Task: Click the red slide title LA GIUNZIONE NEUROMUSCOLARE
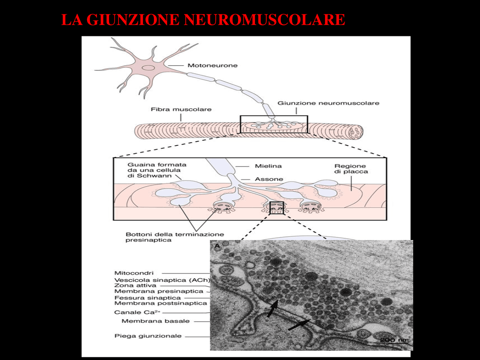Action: (203, 20)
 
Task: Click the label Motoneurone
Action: (212, 65)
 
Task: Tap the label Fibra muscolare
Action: (181, 109)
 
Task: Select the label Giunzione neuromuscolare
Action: (328, 103)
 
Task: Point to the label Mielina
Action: (268, 166)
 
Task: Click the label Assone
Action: (269, 179)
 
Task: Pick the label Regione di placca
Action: (351, 169)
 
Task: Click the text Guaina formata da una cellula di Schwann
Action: (157, 170)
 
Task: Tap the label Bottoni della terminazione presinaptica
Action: (174, 237)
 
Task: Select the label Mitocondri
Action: (134, 273)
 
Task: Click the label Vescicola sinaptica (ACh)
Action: (162, 280)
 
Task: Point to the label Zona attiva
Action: (135, 285)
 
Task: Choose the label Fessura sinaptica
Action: (147, 298)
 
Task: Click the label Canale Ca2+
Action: (137, 312)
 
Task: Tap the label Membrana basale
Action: (156, 321)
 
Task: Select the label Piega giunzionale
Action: (148, 336)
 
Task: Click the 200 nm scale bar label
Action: (393, 340)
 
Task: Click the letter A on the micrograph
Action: (217, 246)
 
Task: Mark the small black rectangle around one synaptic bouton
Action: (277, 208)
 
